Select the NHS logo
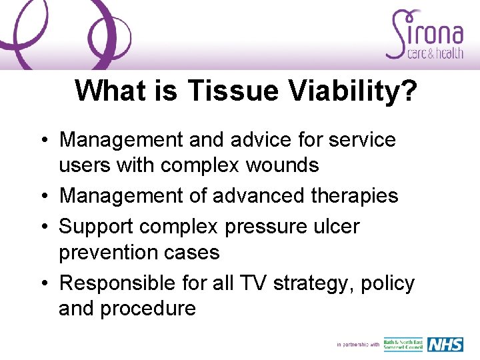point(445,344)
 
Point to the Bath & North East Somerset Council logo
point(403,344)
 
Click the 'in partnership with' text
point(358,345)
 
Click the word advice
point(257,139)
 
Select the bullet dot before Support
point(43,227)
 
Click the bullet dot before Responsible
point(43,284)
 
